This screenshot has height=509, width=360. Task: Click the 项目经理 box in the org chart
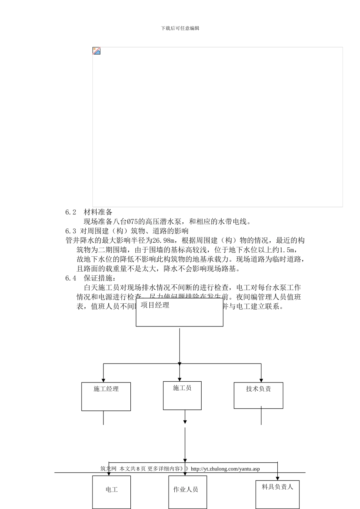tap(179, 313)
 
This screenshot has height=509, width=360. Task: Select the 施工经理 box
tap(106, 397)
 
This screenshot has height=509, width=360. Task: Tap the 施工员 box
tap(182, 395)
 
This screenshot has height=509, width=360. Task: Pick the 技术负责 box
tap(258, 395)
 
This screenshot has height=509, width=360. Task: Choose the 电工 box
tap(111, 492)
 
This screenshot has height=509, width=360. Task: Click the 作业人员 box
tap(185, 492)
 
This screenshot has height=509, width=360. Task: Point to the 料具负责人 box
tap(277, 493)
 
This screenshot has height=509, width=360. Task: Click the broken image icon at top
tap(97, 51)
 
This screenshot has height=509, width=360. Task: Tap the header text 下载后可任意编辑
tap(180, 28)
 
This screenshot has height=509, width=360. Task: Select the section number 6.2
tap(70, 212)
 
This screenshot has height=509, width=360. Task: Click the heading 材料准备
tap(98, 212)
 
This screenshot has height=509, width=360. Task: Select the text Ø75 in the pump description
tap(133, 222)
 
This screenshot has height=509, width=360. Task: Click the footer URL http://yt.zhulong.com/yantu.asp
tap(225, 469)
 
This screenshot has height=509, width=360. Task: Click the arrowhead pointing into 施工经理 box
tap(103, 380)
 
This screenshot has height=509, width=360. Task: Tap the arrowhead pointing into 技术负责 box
tap(261, 380)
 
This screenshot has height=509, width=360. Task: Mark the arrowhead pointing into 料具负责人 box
tap(277, 478)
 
